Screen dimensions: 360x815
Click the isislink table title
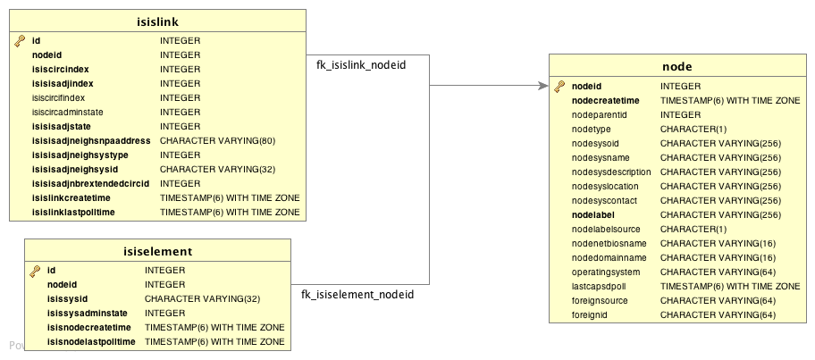pyautogui.click(x=157, y=20)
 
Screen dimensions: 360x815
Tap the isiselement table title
pyautogui.click(x=157, y=251)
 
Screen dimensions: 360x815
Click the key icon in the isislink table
pyautogui.click(x=20, y=41)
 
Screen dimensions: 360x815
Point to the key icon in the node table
pyautogui.click(x=559, y=87)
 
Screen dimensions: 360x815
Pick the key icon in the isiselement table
pyautogui.click(x=35, y=271)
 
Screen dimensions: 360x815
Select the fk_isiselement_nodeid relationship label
pyautogui.click(x=357, y=294)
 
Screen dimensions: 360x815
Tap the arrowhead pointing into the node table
pyautogui.click(x=542, y=86)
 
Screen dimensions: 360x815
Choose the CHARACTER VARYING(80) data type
pyautogui.click(x=217, y=140)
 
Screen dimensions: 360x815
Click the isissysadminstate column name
pyautogui.click(x=90, y=314)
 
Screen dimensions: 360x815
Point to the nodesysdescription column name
pyautogui.click(x=611, y=172)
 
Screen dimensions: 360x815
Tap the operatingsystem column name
pyautogui.click(x=607, y=272)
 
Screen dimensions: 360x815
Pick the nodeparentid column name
pyautogui.click(x=599, y=115)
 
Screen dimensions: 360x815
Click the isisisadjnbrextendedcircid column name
pyautogui.click(x=90, y=183)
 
